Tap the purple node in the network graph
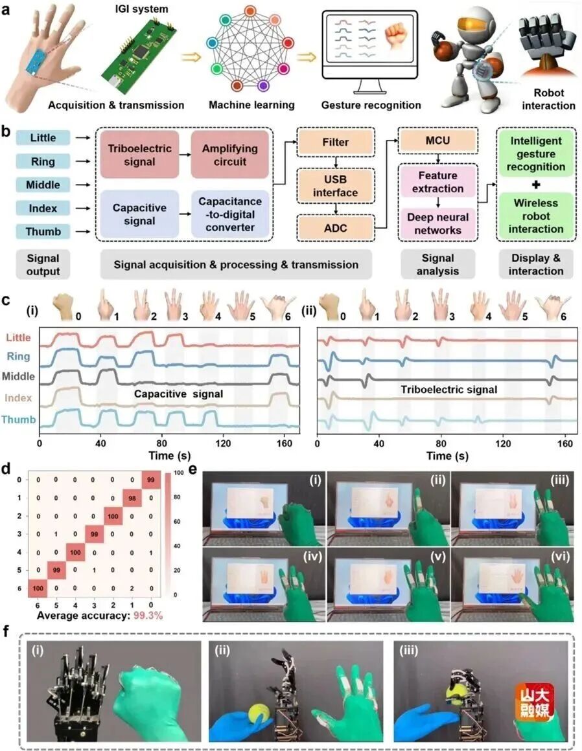click(x=263, y=85)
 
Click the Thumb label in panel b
click(x=43, y=231)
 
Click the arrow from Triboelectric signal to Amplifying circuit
click(x=181, y=156)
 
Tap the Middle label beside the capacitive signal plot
click(x=20, y=375)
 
